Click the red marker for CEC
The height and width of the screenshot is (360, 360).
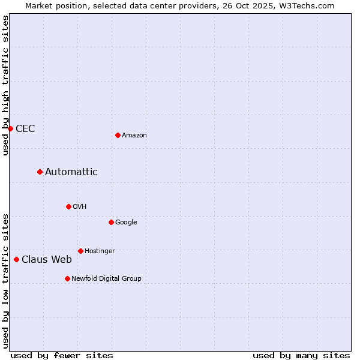tap(10, 128)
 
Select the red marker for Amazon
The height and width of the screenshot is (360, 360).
tap(118, 135)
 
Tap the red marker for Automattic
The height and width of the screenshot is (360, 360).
tap(40, 172)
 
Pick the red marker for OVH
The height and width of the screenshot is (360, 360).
tap(68, 206)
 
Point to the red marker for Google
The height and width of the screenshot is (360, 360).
tap(111, 222)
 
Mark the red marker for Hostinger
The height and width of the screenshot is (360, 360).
tap(80, 251)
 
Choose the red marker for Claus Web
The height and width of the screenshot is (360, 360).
tap(16, 259)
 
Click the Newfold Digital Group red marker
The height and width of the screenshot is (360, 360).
tap(67, 278)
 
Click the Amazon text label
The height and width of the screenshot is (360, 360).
tap(134, 136)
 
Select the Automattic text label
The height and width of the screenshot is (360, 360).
tap(71, 172)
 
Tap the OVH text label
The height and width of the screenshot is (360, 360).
tap(80, 207)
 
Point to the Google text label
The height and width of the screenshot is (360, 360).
tap(126, 223)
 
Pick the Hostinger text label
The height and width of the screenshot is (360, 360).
tap(100, 251)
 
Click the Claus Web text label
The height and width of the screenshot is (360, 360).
tap(47, 260)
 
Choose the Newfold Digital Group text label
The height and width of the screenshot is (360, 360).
tap(106, 279)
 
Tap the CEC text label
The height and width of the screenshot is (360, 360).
tap(25, 129)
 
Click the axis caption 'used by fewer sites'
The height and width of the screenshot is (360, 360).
tap(62, 355)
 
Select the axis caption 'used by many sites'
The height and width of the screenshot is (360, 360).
tap(301, 355)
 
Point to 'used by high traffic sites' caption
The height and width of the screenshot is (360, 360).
tap(5, 85)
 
